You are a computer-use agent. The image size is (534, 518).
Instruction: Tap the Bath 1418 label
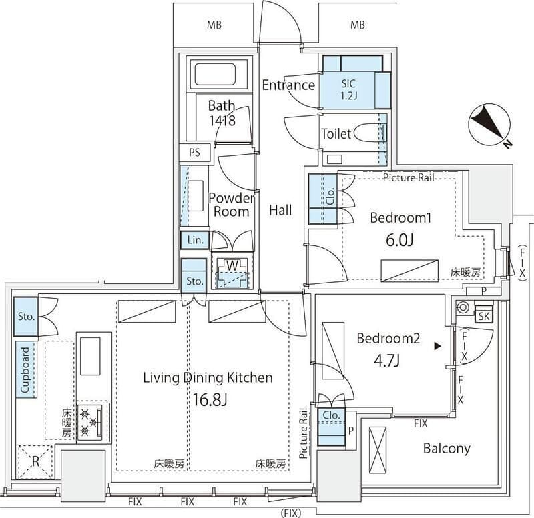pyautogui.click(x=221, y=113)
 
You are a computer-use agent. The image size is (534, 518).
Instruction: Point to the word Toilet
pyautogui.click(x=336, y=133)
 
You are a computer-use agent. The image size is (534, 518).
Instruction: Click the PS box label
pyautogui.click(x=194, y=152)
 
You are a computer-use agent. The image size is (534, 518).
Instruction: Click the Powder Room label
pyautogui.click(x=231, y=205)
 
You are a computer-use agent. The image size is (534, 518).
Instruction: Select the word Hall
pyautogui.click(x=280, y=210)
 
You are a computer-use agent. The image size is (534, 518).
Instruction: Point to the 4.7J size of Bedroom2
pyautogui.click(x=388, y=361)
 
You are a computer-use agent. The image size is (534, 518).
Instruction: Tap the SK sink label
pyautogui.click(x=484, y=316)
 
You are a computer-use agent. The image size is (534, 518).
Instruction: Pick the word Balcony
pyautogui.click(x=447, y=448)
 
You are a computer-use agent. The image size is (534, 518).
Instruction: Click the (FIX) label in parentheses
pyautogui.click(x=290, y=513)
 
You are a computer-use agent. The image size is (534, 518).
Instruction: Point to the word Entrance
pyautogui.click(x=288, y=85)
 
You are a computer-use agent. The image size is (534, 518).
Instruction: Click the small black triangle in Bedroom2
pyautogui.click(x=437, y=345)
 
